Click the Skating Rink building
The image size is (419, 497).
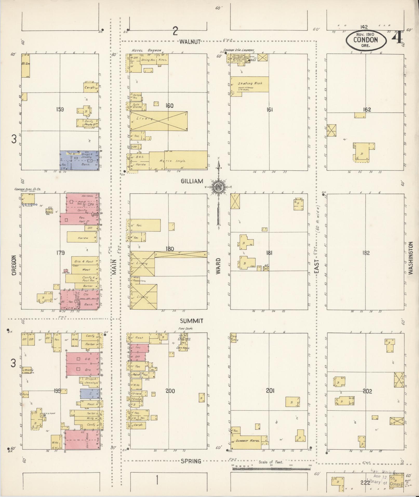tap(250, 84)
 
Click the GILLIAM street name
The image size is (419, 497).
tap(192, 181)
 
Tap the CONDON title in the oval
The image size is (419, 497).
tap(365, 40)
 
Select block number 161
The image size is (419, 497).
tap(269, 110)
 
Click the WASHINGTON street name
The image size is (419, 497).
tap(410, 258)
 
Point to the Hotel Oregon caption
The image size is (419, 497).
tap(146, 50)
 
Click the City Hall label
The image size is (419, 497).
tap(183, 348)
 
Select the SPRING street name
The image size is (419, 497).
tap(191, 461)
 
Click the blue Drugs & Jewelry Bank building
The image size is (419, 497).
tap(79, 161)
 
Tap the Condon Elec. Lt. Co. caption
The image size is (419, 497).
tap(28, 189)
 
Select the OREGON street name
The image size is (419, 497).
tap(14, 265)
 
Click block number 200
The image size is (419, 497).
tap(170, 391)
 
